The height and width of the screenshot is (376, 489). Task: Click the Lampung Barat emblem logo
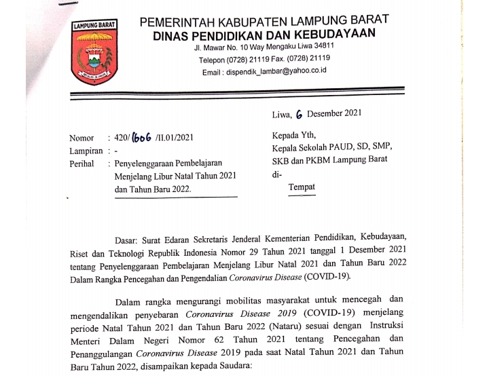tap(95, 54)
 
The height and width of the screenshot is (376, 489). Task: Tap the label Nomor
tap(81, 138)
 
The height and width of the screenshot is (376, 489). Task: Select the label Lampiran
tap(86, 151)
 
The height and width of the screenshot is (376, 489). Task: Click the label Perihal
tap(83, 164)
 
